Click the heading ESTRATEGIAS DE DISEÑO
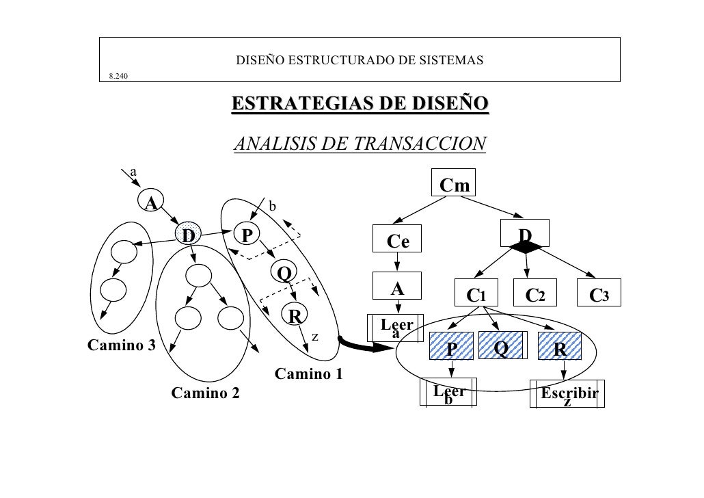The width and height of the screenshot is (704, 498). (360, 104)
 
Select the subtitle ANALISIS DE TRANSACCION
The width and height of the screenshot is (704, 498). (360, 144)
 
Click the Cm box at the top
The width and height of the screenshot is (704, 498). (455, 185)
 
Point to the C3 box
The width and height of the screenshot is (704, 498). (599, 295)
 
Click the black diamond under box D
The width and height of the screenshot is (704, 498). (525, 248)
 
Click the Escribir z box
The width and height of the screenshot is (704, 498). (567, 394)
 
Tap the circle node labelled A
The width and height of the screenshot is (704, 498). (150, 201)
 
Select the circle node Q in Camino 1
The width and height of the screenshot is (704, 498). (283, 273)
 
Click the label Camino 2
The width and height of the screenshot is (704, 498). (205, 393)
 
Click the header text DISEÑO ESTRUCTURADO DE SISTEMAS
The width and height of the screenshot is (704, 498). (360, 61)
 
